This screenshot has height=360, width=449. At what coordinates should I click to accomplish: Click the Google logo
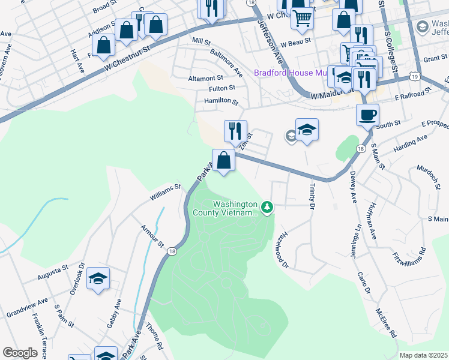pyautogui.click(x=20, y=353)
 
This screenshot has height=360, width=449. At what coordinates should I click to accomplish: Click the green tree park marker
pyautogui.click(x=267, y=208)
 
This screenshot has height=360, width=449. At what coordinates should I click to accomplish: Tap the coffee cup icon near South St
pyautogui.click(x=367, y=113)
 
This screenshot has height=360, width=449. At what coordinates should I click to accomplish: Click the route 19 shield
pyautogui.click(x=415, y=76)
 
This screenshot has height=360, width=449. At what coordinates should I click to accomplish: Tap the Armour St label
pyautogui.click(x=152, y=236)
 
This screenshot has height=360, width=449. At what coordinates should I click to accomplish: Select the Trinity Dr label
pyautogui.click(x=312, y=197)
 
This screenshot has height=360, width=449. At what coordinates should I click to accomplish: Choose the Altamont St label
pyautogui.click(x=205, y=78)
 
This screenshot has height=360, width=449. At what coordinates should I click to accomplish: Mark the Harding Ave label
pyautogui.click(x=411, y=143)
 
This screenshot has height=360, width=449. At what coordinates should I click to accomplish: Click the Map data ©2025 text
pyautogui.click(x=424, y=355)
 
